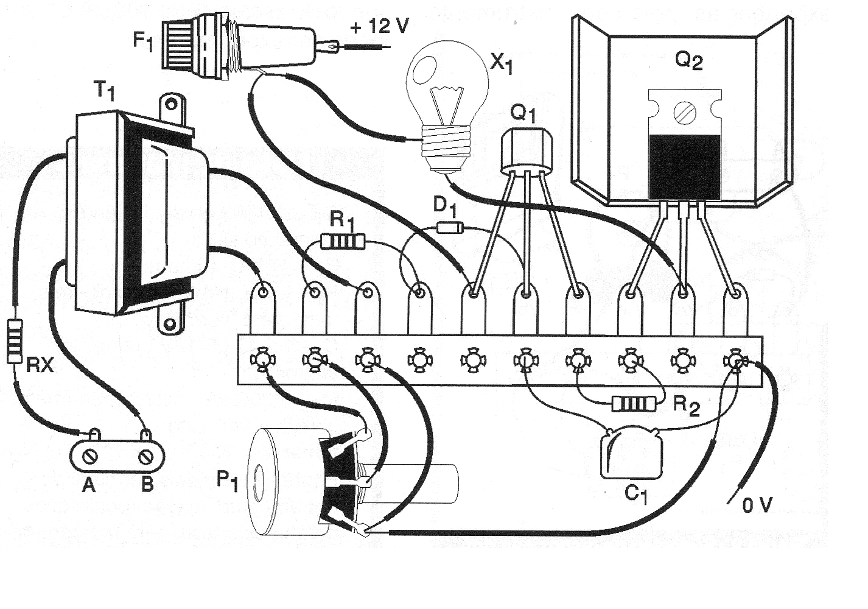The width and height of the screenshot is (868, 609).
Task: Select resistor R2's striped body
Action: coord(635,403)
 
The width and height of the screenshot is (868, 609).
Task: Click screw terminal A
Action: coord(90,456)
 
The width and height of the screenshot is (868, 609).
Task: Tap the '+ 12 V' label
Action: coord(379,27)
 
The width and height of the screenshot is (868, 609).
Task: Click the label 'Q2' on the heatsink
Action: coord(688,61)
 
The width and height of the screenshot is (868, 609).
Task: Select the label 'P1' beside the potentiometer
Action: coord(228,482)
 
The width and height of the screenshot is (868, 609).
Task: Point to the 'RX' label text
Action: coord(41,365)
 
